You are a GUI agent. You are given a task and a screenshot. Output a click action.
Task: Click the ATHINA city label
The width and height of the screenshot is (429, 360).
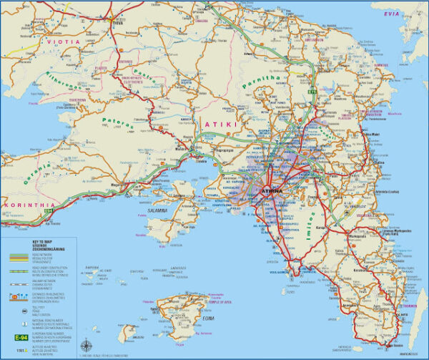[x=273, y=192]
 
